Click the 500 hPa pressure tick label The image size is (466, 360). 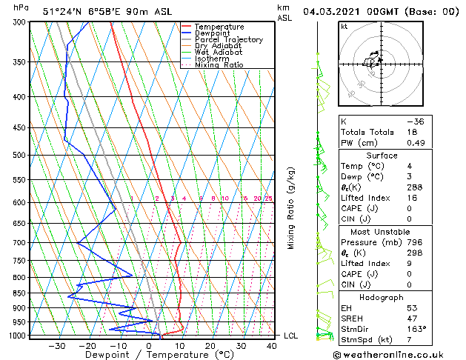[x=20, y=155]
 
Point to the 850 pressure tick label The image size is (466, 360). [x=20, y=293]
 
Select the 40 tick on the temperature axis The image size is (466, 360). [x=273, y=345]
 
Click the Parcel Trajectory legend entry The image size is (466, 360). [x=228, y=40]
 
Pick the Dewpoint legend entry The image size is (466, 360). [x=212, y=33]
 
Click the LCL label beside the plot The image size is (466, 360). [x=291, y=336]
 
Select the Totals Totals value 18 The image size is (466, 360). [x=412, y=132]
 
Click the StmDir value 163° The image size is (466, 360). [x=416, y=329]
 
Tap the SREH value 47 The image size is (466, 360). [x=412, y=318]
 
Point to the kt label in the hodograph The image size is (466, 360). [x=344, y=27]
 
